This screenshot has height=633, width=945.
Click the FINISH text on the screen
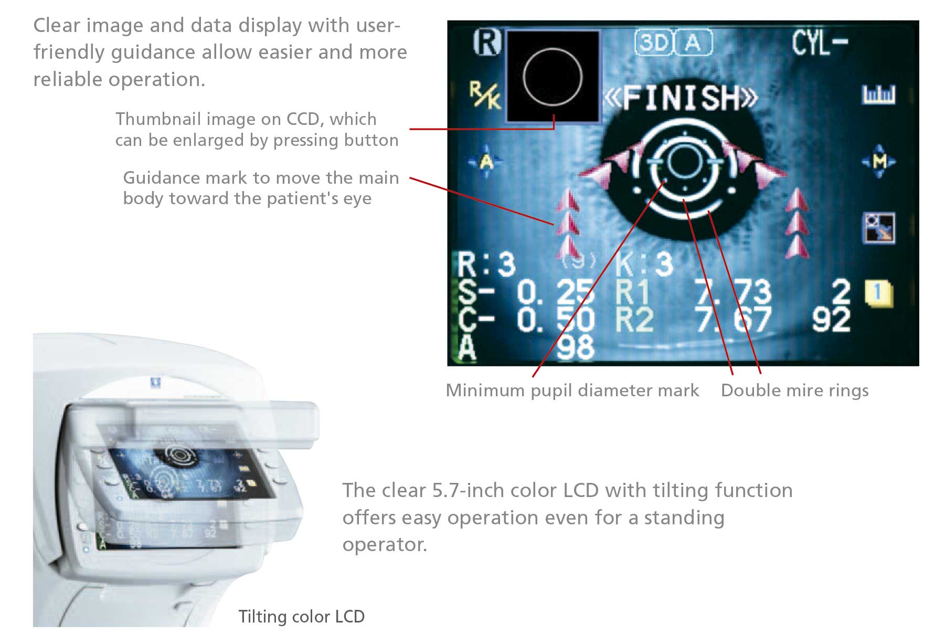(x=681, y=98)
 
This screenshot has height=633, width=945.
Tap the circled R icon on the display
(x=487, y=42)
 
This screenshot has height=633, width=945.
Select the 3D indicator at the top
(x=654, y=42)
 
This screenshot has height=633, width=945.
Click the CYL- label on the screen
(x=819, y=42)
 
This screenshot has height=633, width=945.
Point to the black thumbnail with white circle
(x=553, y=76)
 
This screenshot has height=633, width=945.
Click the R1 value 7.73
(x=734, y=292)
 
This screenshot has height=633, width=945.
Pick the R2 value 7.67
(x=734, y=320)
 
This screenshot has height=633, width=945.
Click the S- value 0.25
(x=555, y=292)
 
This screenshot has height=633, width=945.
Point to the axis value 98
(x=575, y=347)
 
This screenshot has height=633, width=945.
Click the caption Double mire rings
(x=794, y=391)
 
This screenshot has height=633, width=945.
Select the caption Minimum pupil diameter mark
(x=572, y=391)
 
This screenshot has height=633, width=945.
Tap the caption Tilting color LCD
(x=301, y=616)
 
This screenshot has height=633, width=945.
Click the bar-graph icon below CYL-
(x=878, y=95)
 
